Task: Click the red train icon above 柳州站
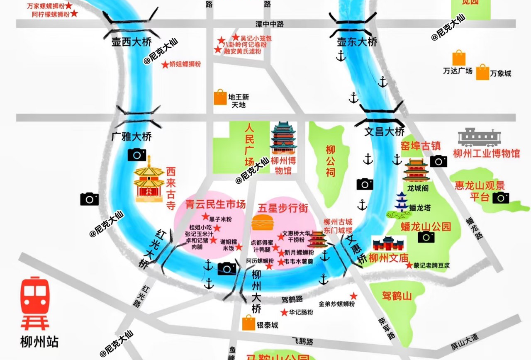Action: [35, 303]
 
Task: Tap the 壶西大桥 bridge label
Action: [132, 42]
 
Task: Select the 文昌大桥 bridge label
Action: [384, 132]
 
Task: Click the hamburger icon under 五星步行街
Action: [262, 223]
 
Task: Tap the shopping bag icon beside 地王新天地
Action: [220, 97]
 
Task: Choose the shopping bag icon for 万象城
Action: [482, 73]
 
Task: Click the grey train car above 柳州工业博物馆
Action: [479, 137]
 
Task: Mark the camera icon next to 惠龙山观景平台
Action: [501, 198]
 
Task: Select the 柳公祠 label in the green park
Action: [330, 161]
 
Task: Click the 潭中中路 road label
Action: [270, 24]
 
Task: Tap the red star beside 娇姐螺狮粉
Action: [165, 65]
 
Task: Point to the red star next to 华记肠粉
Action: [284, 312]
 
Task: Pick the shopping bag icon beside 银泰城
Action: [248, 323]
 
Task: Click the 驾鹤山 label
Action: [397, 296]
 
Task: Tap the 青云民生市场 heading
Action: [215, 204]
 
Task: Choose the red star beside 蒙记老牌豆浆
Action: [409, 265]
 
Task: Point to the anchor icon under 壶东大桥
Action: [341, 56]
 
